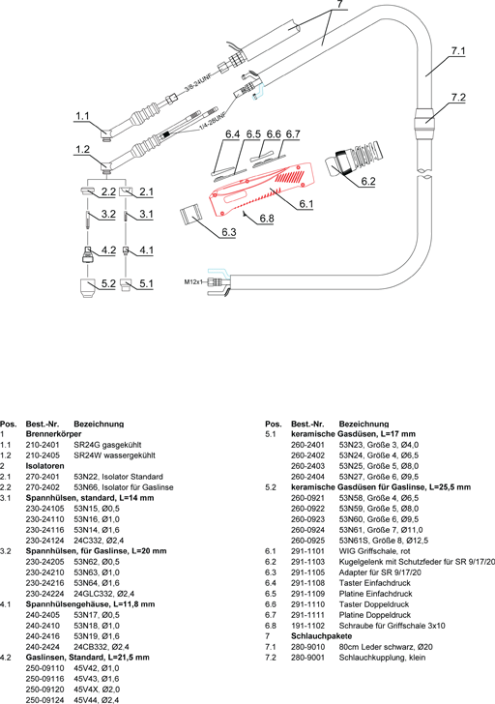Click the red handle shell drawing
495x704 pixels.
(264, 189)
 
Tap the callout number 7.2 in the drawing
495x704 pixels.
(458, 98)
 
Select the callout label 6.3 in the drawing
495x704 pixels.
(228, 232)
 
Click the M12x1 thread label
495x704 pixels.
(194, 282)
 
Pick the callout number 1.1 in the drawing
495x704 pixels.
(82, 116)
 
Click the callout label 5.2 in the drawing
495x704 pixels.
(108, 283)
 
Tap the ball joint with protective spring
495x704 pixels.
(355, 161)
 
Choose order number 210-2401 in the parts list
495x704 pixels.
(43, 445)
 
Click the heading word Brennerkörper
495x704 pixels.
(53, 434)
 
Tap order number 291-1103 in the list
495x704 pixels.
(307, 562)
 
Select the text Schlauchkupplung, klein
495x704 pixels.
(382, 658)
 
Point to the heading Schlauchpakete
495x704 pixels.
(321, 636)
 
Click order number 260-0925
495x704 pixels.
(307, 541)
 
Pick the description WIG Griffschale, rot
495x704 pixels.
(375, 551)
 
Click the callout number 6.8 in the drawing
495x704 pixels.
(267, 219)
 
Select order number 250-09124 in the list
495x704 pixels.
(44, 700)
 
